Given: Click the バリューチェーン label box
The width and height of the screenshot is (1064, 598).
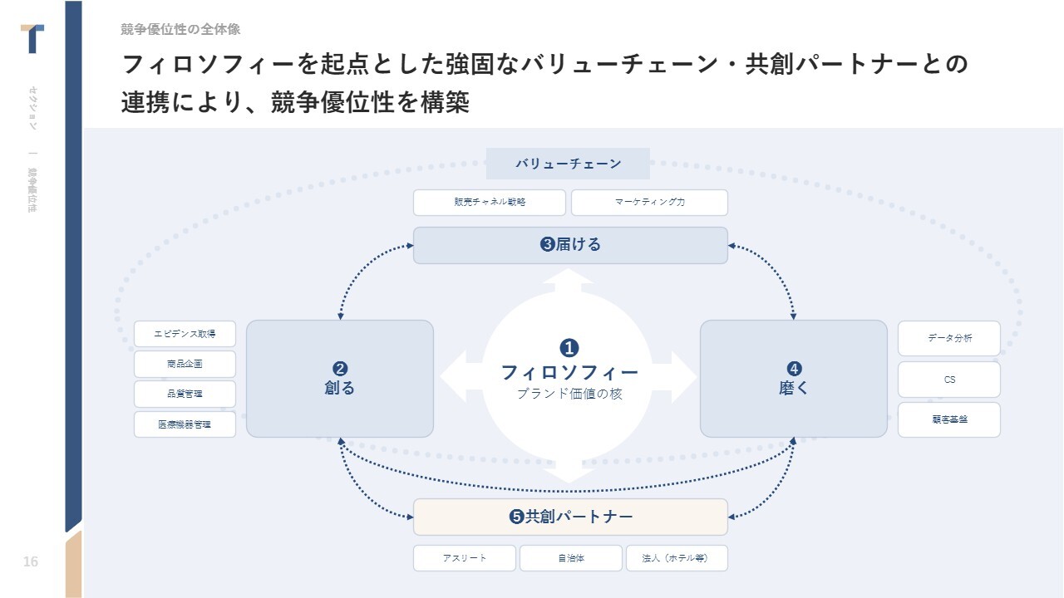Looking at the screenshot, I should (568, 164).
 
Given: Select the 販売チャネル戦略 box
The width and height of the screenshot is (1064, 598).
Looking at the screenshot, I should (490, 203).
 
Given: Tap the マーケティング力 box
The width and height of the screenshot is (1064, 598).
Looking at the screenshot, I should (650, 203).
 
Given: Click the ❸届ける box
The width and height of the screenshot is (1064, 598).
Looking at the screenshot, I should (570, 245).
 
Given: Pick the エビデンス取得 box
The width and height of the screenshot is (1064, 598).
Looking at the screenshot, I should (185, 334).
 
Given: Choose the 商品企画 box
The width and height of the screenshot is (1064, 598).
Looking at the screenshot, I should (185, 364).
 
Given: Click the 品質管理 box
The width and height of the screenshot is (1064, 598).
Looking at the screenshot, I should (185, 394).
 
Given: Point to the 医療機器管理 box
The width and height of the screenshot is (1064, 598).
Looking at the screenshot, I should (185, 424).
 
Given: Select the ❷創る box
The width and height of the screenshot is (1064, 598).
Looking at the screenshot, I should (340, 379).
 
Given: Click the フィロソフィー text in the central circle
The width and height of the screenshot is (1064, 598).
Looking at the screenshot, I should (569, 372).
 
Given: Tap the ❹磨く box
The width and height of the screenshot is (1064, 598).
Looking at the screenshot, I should (794, 379).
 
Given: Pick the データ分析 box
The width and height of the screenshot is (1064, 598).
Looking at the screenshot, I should (949, 338).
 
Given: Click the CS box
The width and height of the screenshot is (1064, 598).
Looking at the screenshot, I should (949, 380).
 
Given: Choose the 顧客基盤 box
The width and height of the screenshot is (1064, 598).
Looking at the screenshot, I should (949, 419).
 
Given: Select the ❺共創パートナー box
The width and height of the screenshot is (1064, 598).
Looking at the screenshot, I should (570, 517).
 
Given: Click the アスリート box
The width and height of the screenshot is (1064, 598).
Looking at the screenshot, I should (465, 558).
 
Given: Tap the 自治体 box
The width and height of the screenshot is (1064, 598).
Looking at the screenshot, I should (571, 558).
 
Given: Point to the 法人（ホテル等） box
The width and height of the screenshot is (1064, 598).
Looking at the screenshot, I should (677, 558).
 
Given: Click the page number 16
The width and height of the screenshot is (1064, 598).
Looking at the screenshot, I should (31, 562).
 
